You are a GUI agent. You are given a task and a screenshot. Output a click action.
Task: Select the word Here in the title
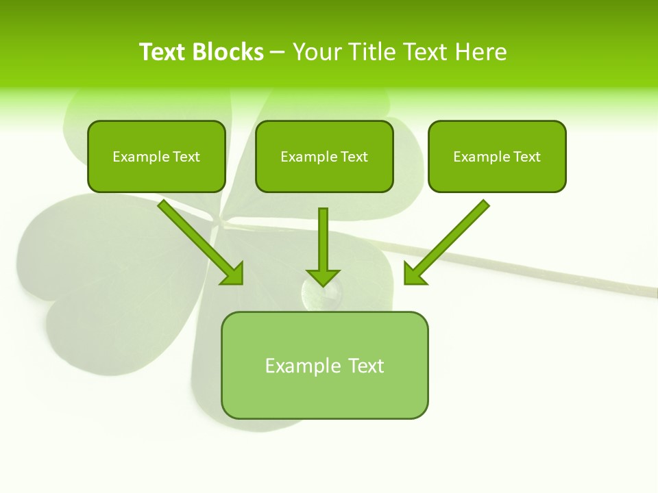click(x=480, y=52)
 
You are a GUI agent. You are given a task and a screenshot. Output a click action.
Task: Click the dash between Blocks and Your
click(x=278, y=52)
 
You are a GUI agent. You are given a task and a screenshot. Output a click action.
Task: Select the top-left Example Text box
click(x=156, y=156)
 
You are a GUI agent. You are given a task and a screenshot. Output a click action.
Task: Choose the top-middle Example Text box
click(x=324, y=156)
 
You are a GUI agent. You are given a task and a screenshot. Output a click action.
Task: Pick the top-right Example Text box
click(x=497, y=156)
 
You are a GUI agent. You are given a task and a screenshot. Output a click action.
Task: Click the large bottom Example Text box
click(x=324, y=365)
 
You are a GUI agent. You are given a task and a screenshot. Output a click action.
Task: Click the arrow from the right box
click(x=450, y=240)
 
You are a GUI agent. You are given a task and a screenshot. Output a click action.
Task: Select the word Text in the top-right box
click(x=526, y=156)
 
